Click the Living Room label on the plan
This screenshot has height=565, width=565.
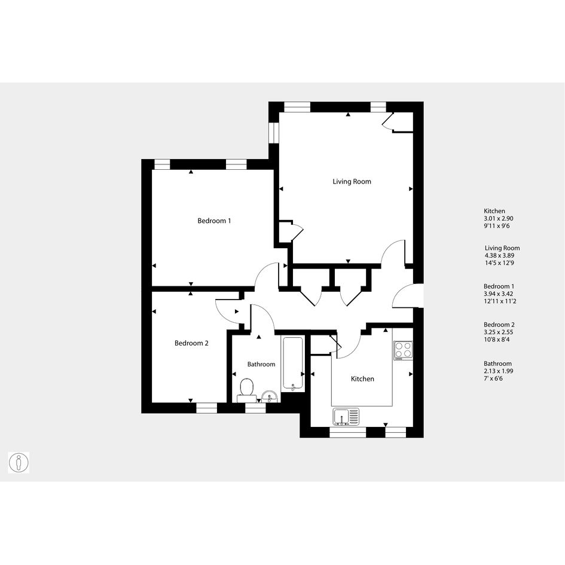352,182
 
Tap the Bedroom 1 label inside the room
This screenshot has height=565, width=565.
214,221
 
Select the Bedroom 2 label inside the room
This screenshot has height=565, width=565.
191,343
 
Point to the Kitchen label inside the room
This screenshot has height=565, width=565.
362,378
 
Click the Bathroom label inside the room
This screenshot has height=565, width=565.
261,364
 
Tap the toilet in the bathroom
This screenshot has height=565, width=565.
246,390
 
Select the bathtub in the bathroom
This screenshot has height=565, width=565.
292,364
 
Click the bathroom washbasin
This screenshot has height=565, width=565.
269,397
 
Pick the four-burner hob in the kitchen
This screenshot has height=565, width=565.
403,350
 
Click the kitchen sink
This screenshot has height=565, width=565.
346,417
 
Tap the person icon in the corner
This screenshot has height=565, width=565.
19,463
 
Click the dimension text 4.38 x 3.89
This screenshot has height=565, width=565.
499,255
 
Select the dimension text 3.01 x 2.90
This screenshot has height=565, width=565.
499,218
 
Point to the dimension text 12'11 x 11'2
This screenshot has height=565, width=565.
500,301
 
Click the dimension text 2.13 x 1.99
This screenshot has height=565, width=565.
499,371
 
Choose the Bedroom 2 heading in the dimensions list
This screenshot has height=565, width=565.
499,325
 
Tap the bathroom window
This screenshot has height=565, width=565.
255,408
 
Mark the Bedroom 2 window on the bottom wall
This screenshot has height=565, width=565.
207,408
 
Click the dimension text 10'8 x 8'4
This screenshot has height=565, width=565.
496,340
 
